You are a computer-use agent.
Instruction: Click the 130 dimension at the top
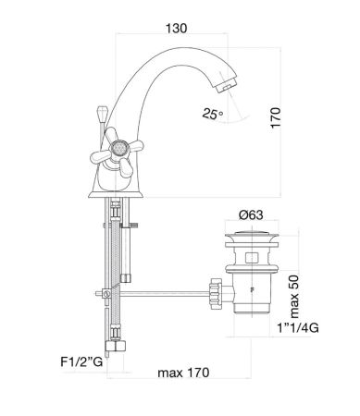coord(177,29)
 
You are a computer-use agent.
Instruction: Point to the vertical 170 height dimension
coord(276,117)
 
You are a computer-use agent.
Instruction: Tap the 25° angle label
coord(213,114)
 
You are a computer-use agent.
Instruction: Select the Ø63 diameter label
coord(251,214)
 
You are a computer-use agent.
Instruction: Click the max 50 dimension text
coord(294,297)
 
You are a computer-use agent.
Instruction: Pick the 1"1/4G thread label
coord(298,328)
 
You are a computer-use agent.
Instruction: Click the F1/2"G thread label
coord(81,361)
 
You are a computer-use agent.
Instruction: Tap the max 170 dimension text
coord(183,373)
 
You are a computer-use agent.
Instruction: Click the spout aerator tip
coord(227,85)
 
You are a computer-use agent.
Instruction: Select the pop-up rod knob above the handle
coord(102,112)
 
